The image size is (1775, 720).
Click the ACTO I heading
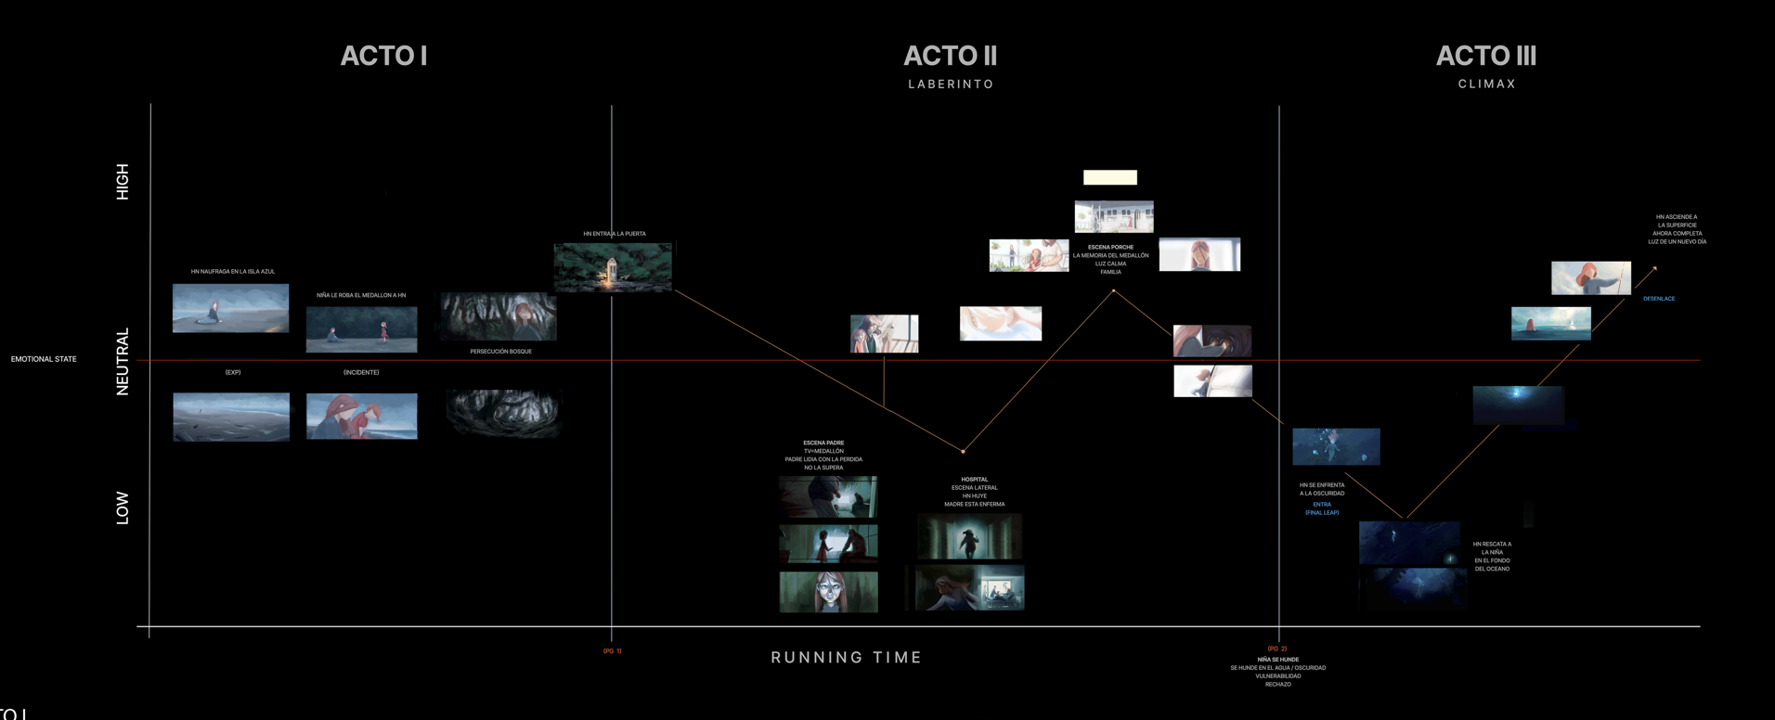point(383,57)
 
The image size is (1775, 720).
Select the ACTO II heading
point(950,57)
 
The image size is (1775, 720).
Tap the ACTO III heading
point(1485,57)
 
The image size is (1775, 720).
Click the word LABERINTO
point(951,84)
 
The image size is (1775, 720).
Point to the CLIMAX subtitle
point(1486,84)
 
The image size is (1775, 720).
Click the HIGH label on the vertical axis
point(123,182)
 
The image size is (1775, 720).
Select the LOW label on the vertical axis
point(123,508)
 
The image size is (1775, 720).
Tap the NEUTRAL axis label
point(123,362)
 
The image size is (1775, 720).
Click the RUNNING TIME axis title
point(846,658)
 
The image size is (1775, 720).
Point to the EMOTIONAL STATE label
point(44,359)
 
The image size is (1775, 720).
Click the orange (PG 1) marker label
point(613,651)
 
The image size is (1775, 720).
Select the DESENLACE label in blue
point(1659,299)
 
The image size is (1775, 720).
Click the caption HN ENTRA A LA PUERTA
point(615,234)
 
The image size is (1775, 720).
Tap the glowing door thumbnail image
point(613,268)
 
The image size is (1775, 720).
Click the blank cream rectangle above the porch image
point(1109,177)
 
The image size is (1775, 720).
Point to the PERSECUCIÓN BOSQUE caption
point(500,352)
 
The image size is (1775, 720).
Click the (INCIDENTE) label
point(361,372)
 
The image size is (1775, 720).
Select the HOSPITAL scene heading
point(974,480)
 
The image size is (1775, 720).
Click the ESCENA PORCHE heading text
point(1110,248)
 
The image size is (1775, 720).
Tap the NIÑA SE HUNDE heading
point(1277,660)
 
